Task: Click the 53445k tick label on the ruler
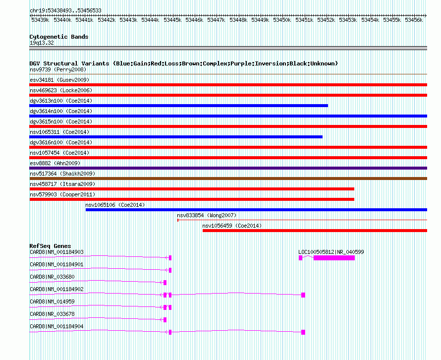point(172,20)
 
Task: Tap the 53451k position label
point(304,20)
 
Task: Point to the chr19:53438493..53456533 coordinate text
point(65,11)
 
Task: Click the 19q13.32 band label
point(42,43)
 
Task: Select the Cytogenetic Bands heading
point(59,37)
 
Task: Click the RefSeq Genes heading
point(50,246)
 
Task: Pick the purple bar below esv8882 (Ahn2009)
point(228,168)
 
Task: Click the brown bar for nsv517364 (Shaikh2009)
point(228,179)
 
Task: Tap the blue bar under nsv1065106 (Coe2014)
point(256,210)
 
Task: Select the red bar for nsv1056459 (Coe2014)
point(315,231)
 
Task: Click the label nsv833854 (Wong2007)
point(207,215)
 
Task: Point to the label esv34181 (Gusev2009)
point(59,80)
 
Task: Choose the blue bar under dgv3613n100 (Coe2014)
point(178,106)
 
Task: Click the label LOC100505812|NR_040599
point(331,252)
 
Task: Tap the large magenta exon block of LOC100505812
point(334,258)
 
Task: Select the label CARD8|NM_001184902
point(56,289)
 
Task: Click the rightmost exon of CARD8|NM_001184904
point(303,332)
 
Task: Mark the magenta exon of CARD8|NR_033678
point(165,320)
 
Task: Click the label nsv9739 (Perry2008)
point(58,69)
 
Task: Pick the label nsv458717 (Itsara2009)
point(62,184)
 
